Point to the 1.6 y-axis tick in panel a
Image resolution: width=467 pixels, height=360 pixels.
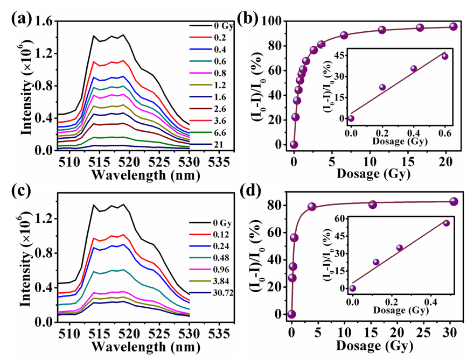point(45,21)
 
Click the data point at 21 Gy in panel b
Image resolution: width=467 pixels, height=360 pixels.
point(454,26)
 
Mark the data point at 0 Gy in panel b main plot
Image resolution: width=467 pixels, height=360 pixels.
point(294,144)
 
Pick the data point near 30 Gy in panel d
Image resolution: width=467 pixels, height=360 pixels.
point(454,201)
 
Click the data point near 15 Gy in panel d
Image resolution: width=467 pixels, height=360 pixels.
point(373,204)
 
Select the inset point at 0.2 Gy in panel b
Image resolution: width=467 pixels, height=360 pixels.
point(382,87)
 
